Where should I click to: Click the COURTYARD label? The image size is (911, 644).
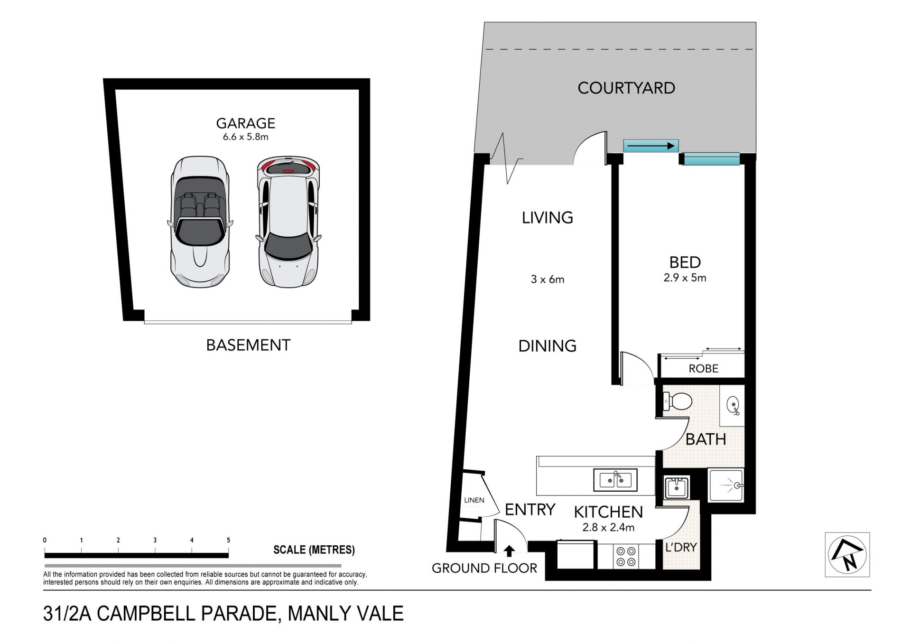(626, 88)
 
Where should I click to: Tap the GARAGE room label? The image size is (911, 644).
(245, 123)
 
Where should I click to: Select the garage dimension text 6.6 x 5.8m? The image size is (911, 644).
(245, 137)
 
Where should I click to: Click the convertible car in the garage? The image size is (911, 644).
(200, 222)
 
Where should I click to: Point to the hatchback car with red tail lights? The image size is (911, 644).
(288, 222)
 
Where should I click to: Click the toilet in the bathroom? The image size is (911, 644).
(677, 401)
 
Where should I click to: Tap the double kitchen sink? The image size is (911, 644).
(615, 480)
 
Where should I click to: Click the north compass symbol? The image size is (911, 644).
(847, 554)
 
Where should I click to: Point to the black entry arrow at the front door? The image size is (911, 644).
(509, 551)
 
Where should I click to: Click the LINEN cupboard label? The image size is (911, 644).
(474, 500)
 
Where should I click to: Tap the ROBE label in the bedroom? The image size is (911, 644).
(703, 368)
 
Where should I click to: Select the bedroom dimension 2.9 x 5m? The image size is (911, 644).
(685, 278)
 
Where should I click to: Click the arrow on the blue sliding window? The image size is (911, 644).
(651, 146)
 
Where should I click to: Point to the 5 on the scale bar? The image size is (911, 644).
(228, 540)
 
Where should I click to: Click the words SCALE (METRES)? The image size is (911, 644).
(314, 550)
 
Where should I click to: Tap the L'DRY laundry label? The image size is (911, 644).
(681, 547)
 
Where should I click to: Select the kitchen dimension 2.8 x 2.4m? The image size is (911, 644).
(608, 527)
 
